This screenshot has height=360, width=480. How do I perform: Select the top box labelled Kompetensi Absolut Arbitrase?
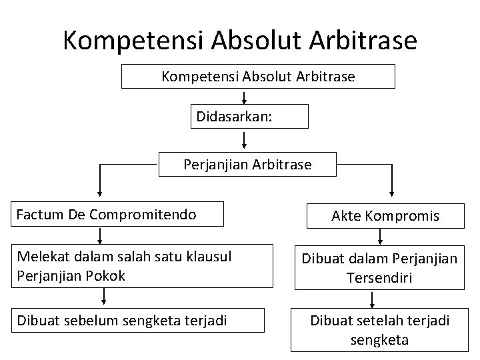tap(258, 77)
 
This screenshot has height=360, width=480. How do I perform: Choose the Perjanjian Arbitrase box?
tap(247, 164)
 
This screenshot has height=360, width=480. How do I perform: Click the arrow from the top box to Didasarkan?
tap(245, 97)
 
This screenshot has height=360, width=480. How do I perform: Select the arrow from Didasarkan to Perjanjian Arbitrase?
tap(245, 140)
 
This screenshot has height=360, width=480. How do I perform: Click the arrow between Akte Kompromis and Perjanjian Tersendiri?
tap(380, 235)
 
